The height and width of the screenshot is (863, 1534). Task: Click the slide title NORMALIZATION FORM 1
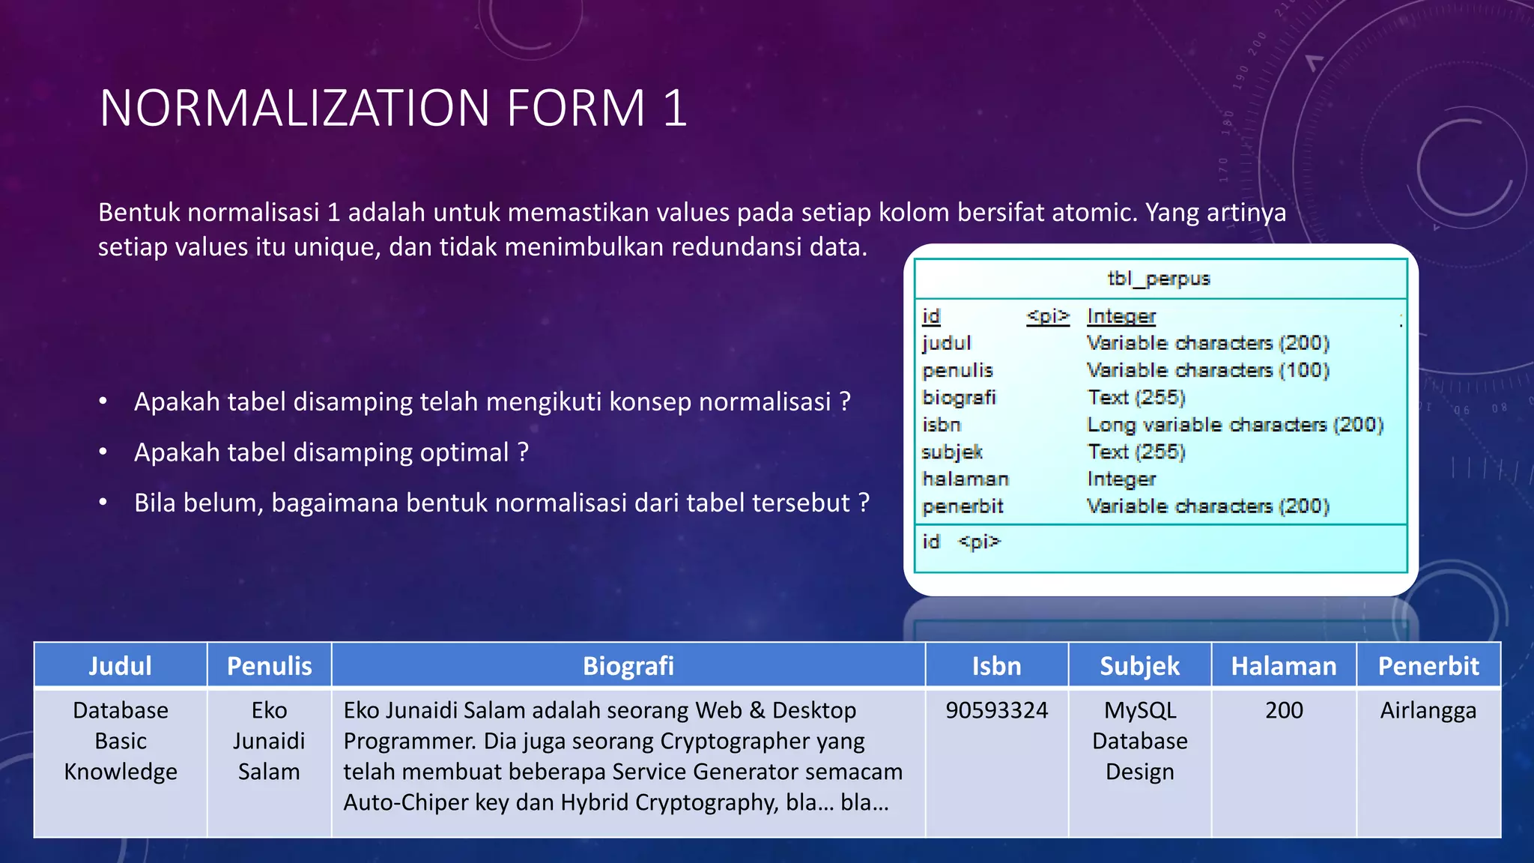click(392, 109)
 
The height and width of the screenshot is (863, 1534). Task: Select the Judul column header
click(120, 665)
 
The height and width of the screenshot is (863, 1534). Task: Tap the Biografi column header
click(628, 665)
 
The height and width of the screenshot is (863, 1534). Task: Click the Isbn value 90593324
click(996, 710)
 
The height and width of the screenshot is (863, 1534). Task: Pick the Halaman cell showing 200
click(1284, 710)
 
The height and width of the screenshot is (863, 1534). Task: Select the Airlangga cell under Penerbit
click(1428, 710)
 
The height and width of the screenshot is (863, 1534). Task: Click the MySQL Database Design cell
click(1139, 741)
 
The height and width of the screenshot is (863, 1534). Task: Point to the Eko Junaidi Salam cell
click(269, 741)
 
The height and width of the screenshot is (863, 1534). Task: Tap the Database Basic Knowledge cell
click(120, 741)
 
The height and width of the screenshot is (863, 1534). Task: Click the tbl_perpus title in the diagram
click(1159, 279)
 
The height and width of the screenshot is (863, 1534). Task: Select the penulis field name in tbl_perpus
click(957, 370)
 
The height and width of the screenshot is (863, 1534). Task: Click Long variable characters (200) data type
click(1234, 425)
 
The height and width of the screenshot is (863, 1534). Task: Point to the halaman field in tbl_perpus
click(965, 479)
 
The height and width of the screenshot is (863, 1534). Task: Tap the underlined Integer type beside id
click(1121, 316)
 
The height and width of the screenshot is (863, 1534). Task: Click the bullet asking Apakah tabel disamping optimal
click(331, 452)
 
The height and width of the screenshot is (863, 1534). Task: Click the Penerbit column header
click(1428, 665)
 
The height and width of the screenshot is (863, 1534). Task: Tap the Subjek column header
click(1139, 665)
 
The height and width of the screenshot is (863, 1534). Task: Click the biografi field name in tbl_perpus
click(959, 397)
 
